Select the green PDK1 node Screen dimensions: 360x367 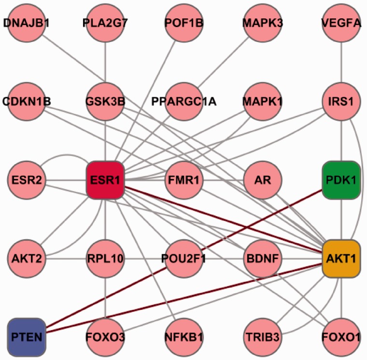pos(341,180)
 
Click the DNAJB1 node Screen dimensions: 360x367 pos(26,23)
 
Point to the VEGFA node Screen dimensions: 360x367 pos(341,23)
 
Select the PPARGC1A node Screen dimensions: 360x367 pos(183,101)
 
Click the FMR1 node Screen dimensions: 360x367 pos(183,180)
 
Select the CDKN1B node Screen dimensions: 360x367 pos(26,101)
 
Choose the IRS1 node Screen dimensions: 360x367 pos(341,101)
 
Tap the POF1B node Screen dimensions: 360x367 pos(183,23)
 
